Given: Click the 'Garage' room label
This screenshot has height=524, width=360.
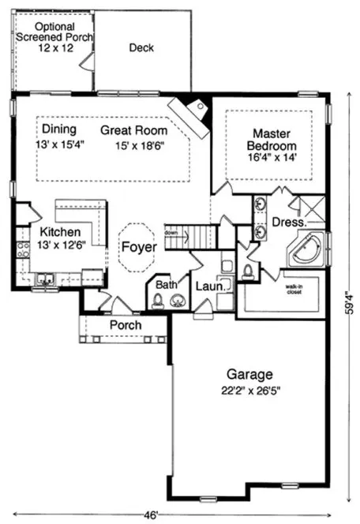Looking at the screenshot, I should point(249,374).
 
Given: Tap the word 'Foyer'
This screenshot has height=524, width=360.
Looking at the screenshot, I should point(138,247).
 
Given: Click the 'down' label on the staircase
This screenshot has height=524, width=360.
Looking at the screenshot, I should point(171,233).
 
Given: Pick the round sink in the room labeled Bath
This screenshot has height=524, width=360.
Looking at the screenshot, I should point(178,299).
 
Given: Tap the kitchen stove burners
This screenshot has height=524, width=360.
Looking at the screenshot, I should point(24,249).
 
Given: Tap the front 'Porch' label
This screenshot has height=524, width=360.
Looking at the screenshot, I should point(125,324).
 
